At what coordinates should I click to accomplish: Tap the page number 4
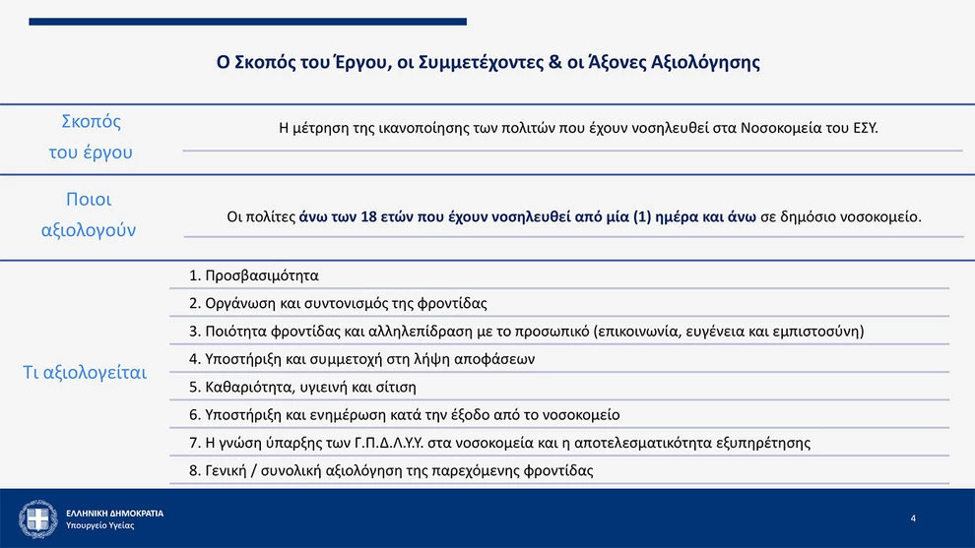913,518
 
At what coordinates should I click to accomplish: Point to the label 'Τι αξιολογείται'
84,373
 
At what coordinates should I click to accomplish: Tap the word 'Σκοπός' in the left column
91,122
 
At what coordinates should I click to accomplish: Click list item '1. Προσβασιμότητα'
253,275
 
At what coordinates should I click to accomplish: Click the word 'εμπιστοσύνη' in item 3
814,331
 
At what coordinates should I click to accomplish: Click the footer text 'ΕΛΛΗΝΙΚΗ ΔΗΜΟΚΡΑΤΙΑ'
114,514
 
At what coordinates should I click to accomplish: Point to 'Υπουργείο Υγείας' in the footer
100,526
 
